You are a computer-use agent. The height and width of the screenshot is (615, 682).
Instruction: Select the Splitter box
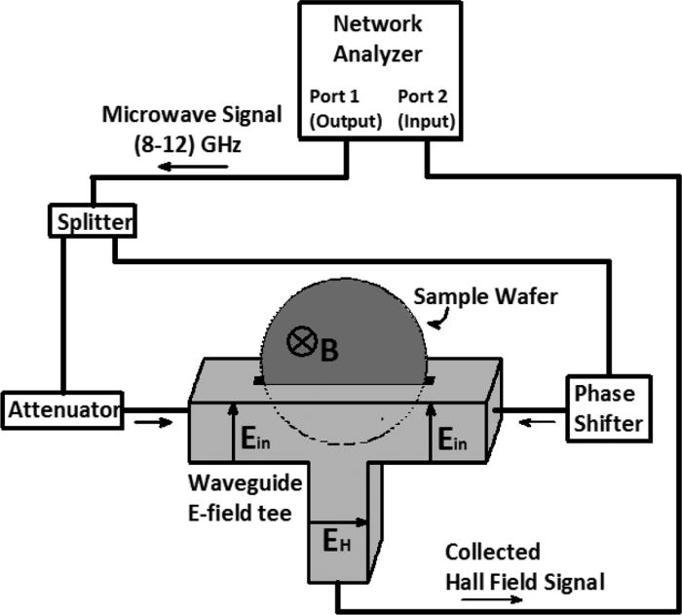[91, 222]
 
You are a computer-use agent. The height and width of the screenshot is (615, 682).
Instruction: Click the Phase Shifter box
[604, 408]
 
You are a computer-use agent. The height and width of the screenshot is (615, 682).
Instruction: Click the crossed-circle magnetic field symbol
[300, 342]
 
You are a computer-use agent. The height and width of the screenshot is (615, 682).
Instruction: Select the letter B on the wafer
[329, 351]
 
